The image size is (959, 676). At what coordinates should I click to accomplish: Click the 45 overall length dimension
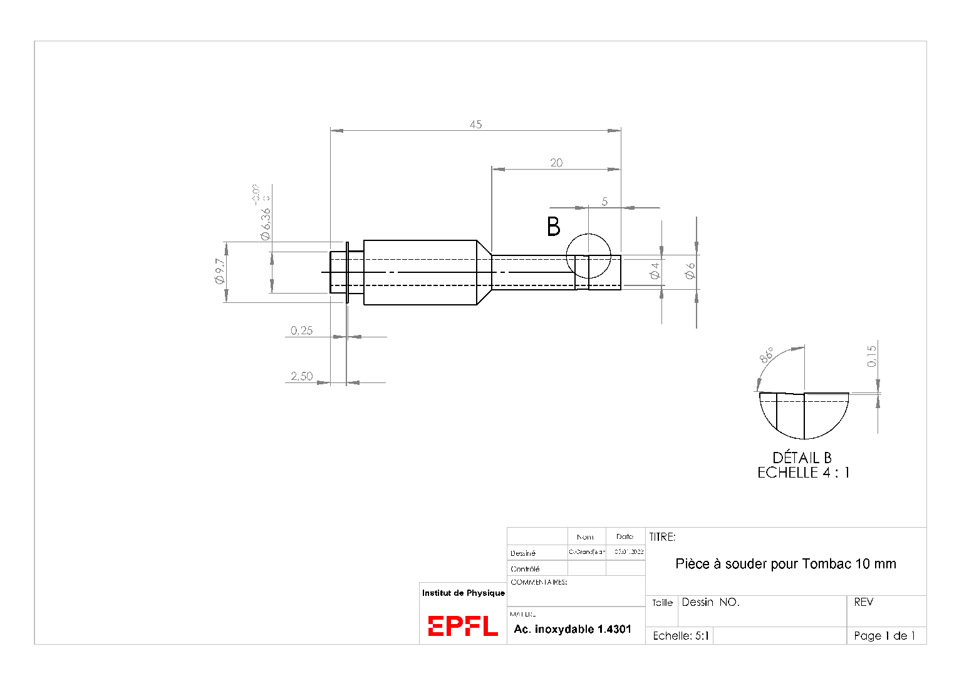click(x=475, y=125)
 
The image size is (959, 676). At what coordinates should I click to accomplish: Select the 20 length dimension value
click(x=556, y=163)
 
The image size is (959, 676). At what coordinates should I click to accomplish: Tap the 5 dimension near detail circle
click(x=604, y=202)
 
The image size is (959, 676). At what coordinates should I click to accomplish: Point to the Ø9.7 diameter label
click(x=219, y=271)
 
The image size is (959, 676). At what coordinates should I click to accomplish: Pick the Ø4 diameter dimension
click(x=655, y=270)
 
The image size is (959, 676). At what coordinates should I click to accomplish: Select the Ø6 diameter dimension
click(x=690, y=270)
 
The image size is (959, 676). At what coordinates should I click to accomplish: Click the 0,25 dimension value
click(x=301, y=330)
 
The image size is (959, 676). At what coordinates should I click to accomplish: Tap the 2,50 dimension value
click(x=301, y=376)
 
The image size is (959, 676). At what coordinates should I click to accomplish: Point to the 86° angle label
click(x=767, y=355)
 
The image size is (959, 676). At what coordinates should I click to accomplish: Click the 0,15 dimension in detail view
click(x=872, y=356)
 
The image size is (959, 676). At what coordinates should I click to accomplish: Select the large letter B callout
click(x=554, y=227)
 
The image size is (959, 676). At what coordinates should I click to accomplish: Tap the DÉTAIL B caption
click(x=802, y=458)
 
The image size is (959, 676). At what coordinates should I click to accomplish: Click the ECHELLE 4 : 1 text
click(x=803, y=473)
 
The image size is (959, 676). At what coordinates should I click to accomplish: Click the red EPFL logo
click(x=462, y=626)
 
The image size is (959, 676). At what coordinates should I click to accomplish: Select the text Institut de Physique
click(x=463, y=593)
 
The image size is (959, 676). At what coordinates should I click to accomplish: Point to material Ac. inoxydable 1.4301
click(x=573, y=629)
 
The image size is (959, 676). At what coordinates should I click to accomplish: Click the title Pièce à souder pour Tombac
click(x=785, y=564)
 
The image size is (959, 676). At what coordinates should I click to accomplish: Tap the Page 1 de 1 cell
click(x=884, y=636)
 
